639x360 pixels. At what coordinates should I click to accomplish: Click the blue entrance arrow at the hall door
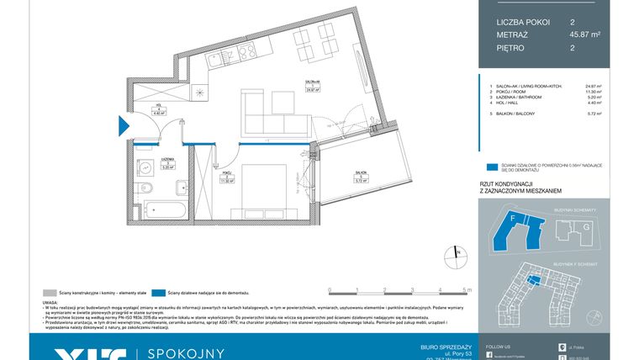point(123,127)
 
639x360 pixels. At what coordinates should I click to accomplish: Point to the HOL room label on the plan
point(156,108)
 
